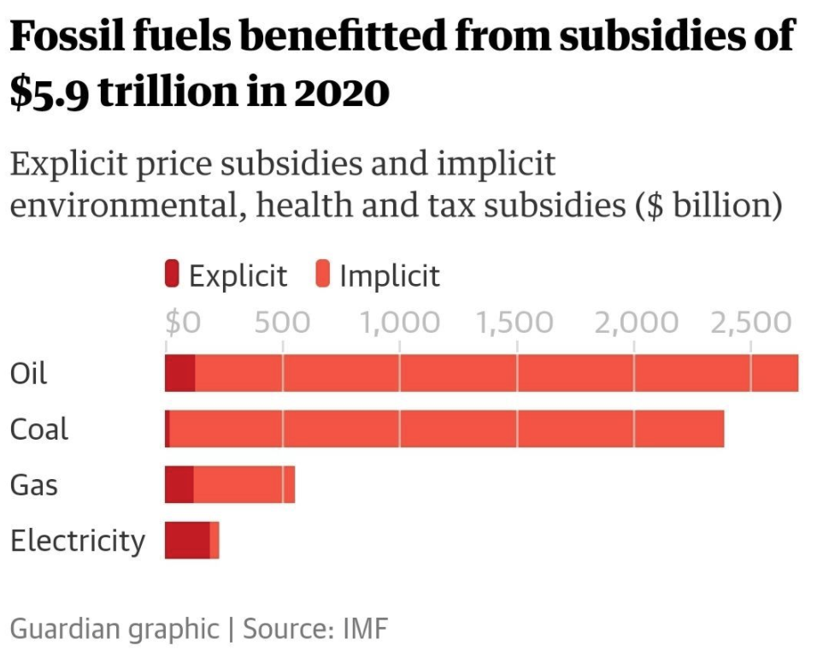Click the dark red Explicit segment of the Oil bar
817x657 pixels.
179,373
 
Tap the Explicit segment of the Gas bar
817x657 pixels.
179,484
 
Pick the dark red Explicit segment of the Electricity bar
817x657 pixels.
186,541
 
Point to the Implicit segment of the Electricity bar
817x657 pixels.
215,541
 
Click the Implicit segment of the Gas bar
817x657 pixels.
244,484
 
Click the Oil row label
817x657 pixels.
28,374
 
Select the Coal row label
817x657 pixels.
38,429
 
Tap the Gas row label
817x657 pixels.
34,485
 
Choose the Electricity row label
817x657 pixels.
77,542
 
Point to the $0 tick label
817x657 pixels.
182,323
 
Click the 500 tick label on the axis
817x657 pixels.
282,323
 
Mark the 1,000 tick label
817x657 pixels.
399,323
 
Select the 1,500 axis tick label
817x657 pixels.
515,323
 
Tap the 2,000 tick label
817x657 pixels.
633,323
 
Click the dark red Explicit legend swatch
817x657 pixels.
172,275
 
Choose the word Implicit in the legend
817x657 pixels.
389,275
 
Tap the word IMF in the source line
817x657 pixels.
365,629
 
